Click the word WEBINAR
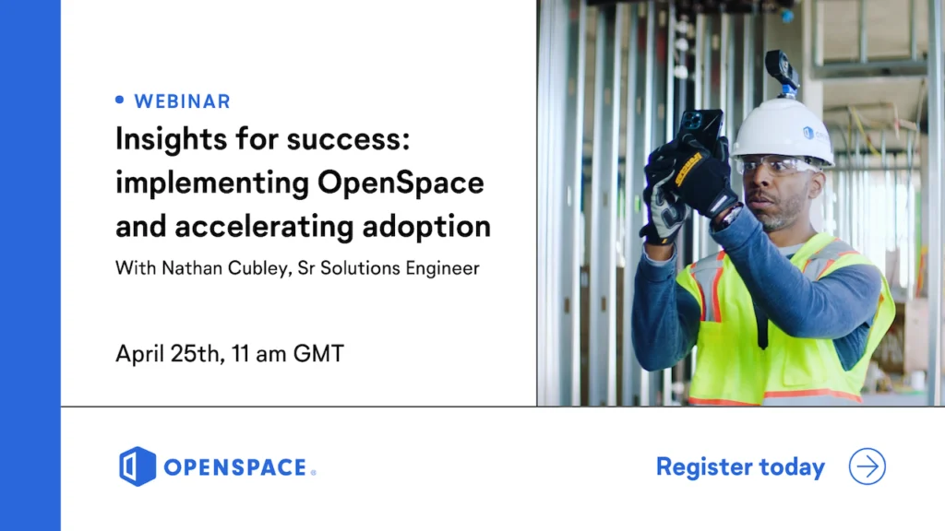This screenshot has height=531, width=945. point(182,101)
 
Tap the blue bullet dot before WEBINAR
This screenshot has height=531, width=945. point(120,100)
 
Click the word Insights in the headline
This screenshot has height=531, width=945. point(170,140)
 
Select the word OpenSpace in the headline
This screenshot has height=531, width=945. point(401,183)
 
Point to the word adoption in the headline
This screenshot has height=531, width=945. point(426,228)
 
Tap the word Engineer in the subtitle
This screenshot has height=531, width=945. point(442,268)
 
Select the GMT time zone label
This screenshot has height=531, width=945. point(318,353)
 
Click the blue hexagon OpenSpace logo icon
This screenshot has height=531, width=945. point(138,466)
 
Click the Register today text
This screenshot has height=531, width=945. point(740,466)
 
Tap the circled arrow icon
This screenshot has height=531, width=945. point(867,466)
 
